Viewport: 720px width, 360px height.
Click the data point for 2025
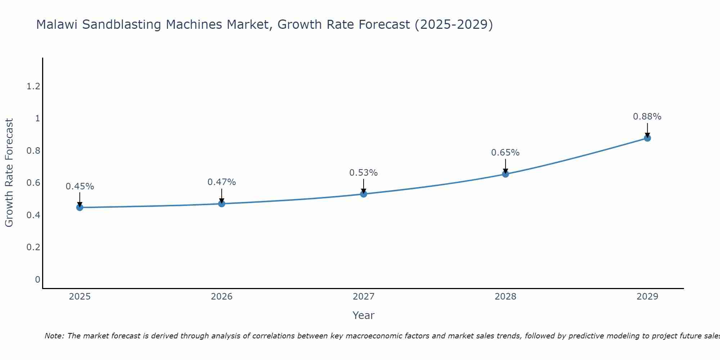pos(80,207)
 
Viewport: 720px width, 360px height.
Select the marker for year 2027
pos(364,194)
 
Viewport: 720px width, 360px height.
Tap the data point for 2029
pos(647,138)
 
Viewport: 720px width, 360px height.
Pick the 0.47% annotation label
pos(222,182)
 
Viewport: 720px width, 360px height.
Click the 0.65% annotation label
pos(505,153)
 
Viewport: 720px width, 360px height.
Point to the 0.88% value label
pos(647,117)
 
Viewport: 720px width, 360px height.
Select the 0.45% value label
pos(80,186)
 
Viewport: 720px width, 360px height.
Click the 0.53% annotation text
pos(364,173)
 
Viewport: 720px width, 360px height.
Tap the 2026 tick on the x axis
pos(222,297)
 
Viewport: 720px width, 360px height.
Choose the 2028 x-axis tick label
pos(505,297)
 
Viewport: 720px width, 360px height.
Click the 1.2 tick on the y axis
pos(33,86)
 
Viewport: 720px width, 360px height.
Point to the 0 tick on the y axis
pos(37,280)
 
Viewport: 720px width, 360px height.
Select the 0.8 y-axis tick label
pos(33,151)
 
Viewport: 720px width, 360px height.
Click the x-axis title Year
pos(364,315)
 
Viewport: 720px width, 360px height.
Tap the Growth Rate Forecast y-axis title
pos(9,173)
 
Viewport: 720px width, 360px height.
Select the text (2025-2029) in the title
pos(454,25)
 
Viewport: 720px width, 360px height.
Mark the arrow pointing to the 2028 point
pos(505,166)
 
